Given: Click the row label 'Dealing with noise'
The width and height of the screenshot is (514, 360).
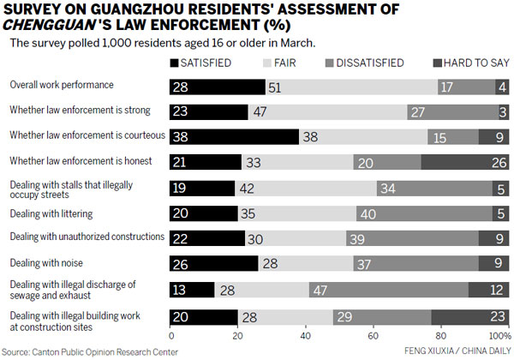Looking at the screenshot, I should click(45, 262).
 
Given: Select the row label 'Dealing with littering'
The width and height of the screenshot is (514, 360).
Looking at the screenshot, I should click(51, 213).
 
